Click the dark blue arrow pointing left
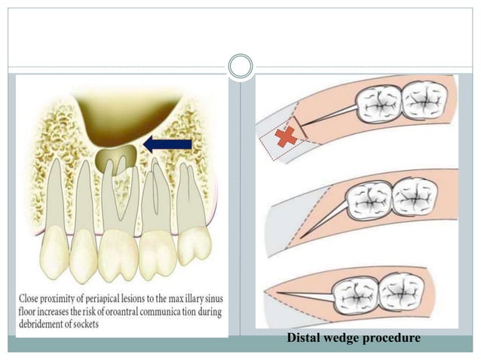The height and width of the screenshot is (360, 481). tap(167, 143)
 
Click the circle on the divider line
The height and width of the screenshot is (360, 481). tap(240, 66)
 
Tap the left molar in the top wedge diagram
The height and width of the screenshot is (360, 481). tap(380, 102)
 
